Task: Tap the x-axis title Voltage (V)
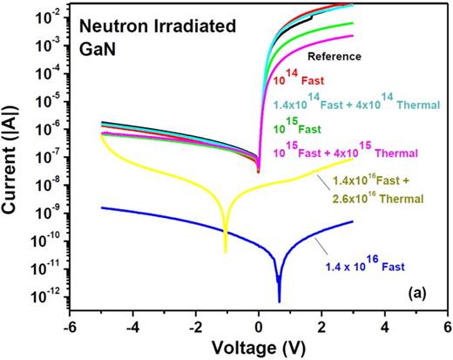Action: tap(260, 347)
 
